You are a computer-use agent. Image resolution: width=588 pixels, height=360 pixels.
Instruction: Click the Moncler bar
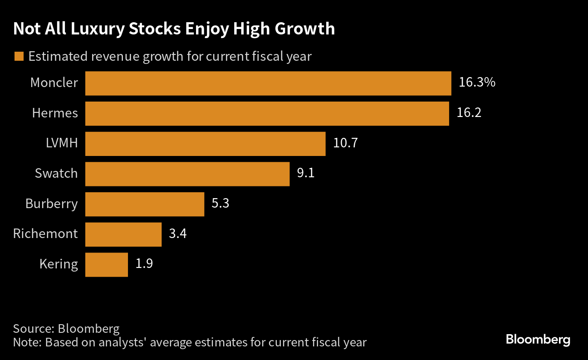click(x=268, y=83)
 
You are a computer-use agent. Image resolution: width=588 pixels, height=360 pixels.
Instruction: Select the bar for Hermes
click(x=267, y=113)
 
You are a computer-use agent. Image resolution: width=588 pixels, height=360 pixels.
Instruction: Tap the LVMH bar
click(x=205, y=144)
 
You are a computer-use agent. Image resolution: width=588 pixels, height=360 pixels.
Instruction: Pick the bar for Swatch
click(x=187, y=174)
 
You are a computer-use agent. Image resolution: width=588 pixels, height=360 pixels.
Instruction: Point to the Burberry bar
click(x=144, y=204)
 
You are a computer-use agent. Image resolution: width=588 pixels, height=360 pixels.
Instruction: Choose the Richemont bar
click(x=123, y=234)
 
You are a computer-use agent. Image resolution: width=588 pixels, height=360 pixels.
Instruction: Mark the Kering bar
click(x=106, y=264)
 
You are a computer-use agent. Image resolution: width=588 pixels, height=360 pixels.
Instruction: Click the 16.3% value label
click(x=477, y=83)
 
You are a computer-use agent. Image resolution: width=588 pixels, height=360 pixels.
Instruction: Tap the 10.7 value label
click(x=345, y=144)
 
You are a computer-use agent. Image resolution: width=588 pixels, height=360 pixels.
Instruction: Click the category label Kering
click(x=58, y=264)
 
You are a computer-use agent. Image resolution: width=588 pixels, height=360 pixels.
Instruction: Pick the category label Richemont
click(x=45, y=234)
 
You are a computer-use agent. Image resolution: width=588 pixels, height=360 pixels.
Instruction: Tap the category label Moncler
click(x=54, y=83)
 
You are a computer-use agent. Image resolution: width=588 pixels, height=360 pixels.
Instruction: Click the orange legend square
click(x=19, y=57)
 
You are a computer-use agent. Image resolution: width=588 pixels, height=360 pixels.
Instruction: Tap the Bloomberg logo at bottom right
click(x=538, y=340)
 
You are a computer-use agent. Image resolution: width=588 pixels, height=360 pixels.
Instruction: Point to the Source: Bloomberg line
click(x=66, y=328)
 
